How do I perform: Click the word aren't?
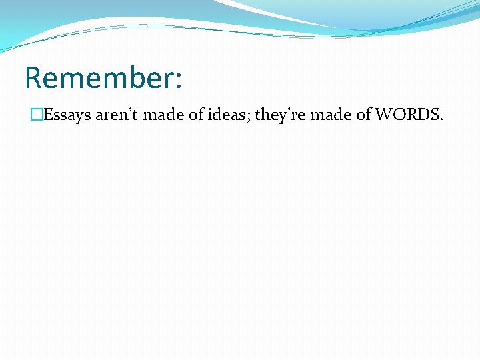point(117,115)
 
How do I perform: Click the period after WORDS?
point(441,119)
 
